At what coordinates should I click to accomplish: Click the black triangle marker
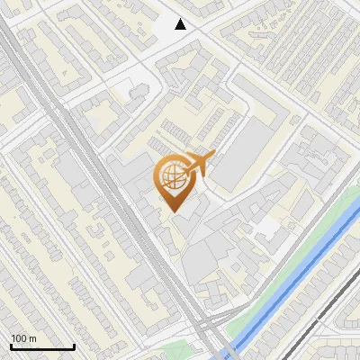tap(181, 24)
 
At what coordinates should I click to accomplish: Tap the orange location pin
tap(175, 182)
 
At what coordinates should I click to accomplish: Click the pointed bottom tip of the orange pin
tap(174, 211)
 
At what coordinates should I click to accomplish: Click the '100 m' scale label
tap(23, 338)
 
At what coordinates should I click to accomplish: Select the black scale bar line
tap(42, 346)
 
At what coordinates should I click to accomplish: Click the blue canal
tap(297, 270)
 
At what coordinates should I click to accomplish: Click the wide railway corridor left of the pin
tap(108, 180)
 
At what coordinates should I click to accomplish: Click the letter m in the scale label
tap(32, 339)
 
